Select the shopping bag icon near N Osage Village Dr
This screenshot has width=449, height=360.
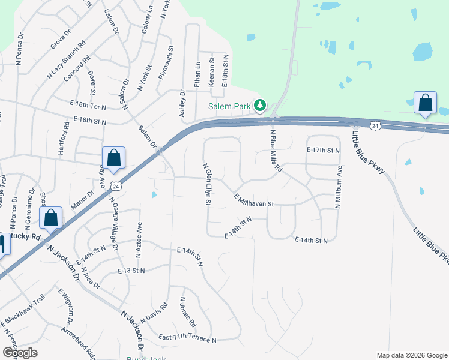click(114, 158)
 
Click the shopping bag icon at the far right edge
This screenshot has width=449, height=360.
click(425, 103)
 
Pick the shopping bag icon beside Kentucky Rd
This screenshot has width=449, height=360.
click(51, 218)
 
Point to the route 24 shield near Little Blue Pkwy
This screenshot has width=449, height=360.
click(375, 125)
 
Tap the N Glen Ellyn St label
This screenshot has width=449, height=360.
click(206, 184)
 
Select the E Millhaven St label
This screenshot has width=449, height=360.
click(253, 200)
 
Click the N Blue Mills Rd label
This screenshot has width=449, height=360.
click(276, 151)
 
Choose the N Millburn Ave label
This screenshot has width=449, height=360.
click(339, 187)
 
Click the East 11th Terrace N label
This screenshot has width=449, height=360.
click(187, 340)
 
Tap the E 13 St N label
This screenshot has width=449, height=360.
click(132, 271)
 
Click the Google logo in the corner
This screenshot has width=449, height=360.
click(20, 353)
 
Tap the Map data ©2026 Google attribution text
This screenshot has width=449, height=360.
click(411, 355)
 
